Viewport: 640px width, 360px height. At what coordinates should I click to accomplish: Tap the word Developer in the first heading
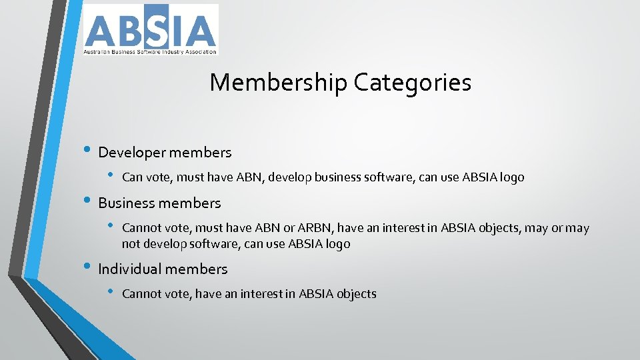131,153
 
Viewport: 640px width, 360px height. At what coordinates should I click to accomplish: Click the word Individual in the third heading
129,269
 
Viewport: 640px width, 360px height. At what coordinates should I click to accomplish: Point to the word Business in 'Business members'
126,203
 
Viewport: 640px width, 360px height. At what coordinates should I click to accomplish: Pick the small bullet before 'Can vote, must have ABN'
111,177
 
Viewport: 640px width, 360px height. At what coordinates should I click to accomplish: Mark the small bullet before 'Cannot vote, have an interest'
111,293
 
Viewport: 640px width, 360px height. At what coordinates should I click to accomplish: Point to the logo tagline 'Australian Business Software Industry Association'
150,51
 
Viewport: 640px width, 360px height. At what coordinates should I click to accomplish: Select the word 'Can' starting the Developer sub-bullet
132,177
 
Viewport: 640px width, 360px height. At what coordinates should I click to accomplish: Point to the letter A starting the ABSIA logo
99,31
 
